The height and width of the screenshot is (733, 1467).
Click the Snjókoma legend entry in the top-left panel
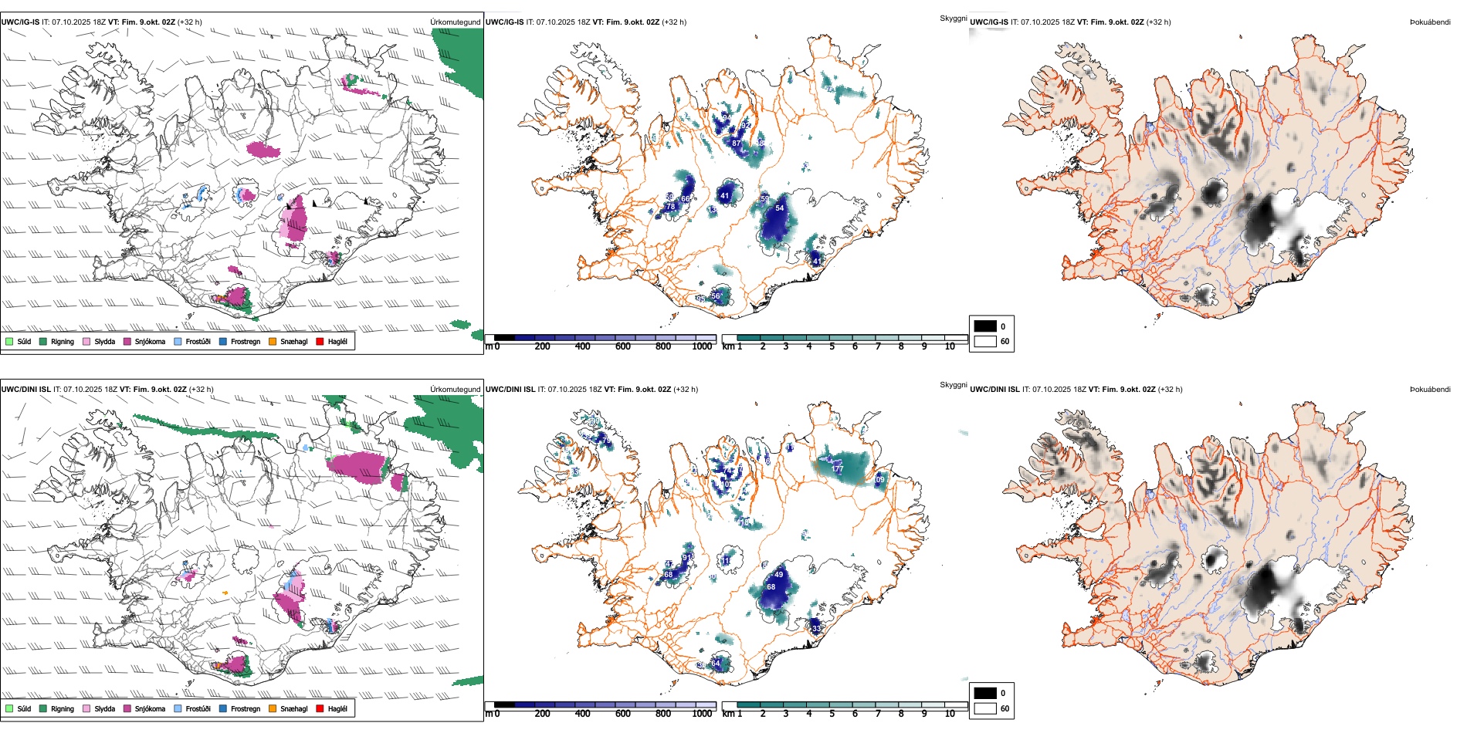[149, 341]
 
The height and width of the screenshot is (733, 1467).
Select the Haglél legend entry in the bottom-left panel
[337, 708]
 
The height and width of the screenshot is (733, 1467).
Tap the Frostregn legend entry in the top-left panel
[245, 341]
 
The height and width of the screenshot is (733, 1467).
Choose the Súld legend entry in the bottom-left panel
[24, 708]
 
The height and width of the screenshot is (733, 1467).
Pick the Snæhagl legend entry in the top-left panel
[293, 341]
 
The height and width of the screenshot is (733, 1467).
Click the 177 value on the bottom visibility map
[838, 468]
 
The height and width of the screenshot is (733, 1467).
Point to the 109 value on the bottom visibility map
[879, 479]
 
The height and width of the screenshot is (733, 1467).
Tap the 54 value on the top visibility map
[780, 208]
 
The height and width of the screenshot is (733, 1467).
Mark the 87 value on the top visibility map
[736, 143]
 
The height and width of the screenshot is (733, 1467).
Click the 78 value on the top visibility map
[670, 207]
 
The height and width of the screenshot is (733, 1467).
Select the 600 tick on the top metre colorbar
[623, 346]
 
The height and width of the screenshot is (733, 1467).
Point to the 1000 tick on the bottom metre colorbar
[702, 714]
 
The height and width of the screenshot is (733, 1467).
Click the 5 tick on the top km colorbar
[832, 346]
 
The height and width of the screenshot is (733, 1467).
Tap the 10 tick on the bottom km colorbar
[950, 714]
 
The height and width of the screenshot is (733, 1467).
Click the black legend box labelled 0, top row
[985, 326]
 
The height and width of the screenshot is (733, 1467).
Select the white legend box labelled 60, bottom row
[985, 708]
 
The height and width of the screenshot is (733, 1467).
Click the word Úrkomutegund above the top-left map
[456, 22]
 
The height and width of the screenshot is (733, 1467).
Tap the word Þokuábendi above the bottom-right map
[1430, 390]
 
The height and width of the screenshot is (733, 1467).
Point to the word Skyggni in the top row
[953, 18]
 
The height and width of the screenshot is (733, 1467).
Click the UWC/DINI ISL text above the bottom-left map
[25, 390]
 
